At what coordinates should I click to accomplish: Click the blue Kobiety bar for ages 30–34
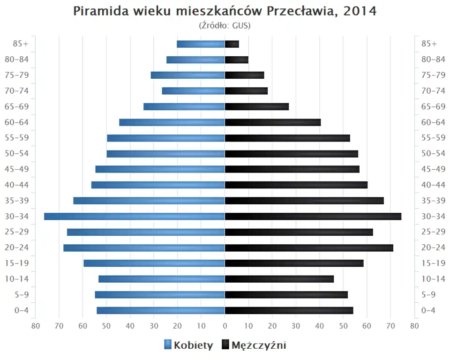[x=135, y=216]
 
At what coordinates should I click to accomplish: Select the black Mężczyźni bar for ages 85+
[x=232, y=44]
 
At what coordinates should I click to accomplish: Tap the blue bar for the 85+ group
[x=201, y=44]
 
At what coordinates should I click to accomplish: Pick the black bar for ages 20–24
[x=309, y=247]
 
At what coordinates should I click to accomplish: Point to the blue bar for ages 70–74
[x=193, y=91]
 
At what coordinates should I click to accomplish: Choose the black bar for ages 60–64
[x=273, y=122]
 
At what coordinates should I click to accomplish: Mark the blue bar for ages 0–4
[x=161, y=310]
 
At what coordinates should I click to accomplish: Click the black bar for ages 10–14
[x=279, y=279]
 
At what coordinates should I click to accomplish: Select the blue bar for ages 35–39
[x=149, y=201]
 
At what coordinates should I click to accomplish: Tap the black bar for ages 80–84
[x=237, y=60]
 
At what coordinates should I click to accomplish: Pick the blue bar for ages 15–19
[x=154, y=263]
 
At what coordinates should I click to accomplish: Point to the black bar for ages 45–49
[x=292, y=169]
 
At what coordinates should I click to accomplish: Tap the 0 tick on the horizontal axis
[x=225, y=326]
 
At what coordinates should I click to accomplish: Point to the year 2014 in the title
[x=360, y=11]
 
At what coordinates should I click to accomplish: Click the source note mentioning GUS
[x=225, y=25]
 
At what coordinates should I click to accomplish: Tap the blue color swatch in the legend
[x=168, y=345]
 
